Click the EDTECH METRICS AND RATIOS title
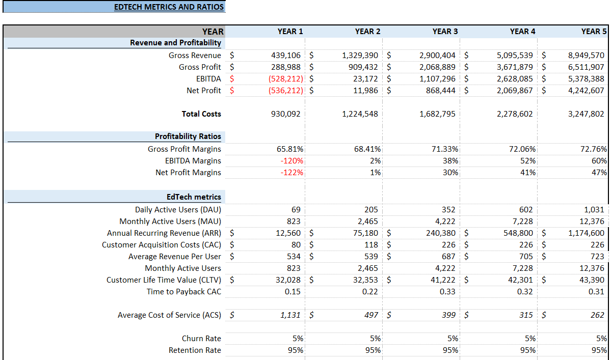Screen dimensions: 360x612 click(x=169, y=7)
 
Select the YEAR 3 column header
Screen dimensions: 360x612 click(x=445, y=32)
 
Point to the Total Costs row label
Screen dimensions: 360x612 click(x=201, y=114)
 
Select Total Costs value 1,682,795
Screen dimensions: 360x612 click(x=437, y=114)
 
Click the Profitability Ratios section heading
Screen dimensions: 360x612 click(x=188, y=136)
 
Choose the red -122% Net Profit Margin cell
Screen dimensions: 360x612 click(x=292, y=173)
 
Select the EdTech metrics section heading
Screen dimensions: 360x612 click(x=194, y=197)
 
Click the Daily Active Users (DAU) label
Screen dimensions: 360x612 click(x=178, y=210)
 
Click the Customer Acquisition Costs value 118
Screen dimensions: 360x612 click(x=371, y=245)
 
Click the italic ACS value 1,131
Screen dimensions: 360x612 click(x=290, y=315)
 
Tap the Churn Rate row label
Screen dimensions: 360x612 click(x=201, y=339)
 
